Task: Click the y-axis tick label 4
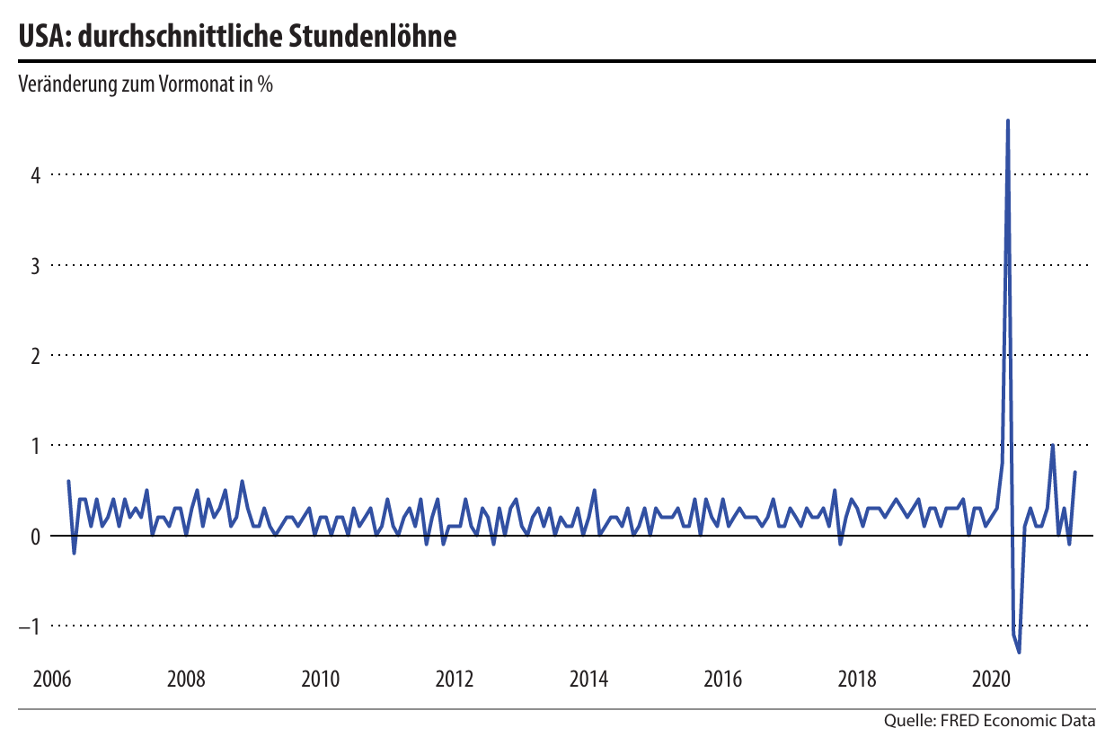point(36,174)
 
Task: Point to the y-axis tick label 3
point(36,265)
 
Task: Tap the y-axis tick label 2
point(36,355)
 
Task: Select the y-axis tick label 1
point(36,446)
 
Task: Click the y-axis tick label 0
point(36,536)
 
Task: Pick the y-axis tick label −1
point(31,626)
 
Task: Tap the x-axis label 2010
point(320,679)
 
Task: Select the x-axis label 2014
point(588,679)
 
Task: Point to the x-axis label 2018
point(857,679)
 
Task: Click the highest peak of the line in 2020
point(1008,120)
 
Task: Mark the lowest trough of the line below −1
point(1019,652)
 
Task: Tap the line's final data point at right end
point(1074,473)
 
